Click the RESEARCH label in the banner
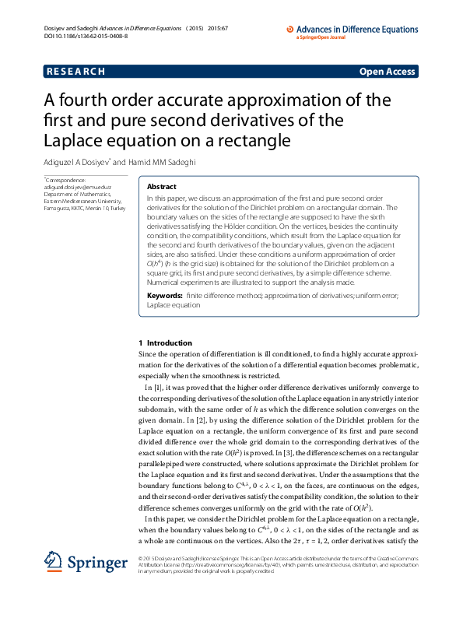click(75, 72)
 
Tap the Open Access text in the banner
click(387, 72)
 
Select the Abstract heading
click(161, 187)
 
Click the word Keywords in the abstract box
click(165, 297)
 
